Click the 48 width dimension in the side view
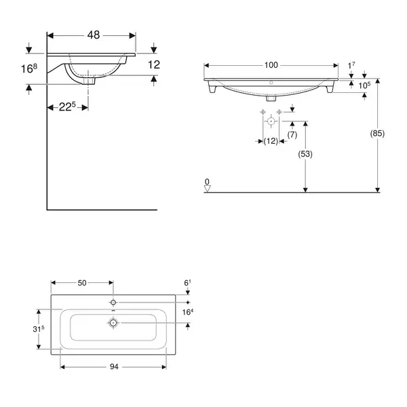point(94,35)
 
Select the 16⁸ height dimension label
point(29,69)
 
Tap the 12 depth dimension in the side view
point(154,65)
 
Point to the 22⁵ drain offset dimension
point(67,106)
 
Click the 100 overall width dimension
point(271,65)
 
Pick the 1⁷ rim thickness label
point(351,65)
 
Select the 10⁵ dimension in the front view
point(364,85)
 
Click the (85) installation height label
point(377,134)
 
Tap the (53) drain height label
point(305,154)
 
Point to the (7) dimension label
point(292,135)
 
